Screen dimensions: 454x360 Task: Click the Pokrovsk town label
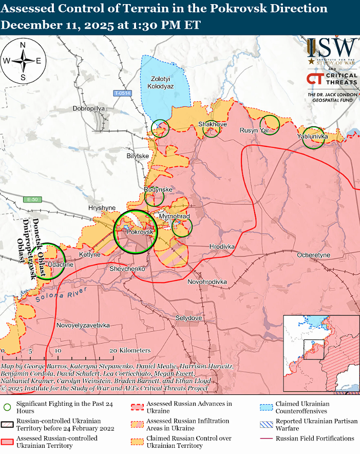tap(140, 233)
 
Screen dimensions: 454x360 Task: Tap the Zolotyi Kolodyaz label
tap(161, 83)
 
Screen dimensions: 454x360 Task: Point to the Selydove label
tap(188, 318)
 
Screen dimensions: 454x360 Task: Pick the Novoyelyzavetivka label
tap(83, 326)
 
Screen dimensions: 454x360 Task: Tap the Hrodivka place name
tap(222, 247)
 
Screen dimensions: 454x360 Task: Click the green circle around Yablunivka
tap(313, 138)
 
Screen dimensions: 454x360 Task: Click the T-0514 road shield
tap(123, 93)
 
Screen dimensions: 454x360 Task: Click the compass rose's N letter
tap(23, 45)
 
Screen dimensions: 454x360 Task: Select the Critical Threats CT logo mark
tap(314, 79)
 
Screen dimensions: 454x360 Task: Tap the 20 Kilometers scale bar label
tap(131, 350)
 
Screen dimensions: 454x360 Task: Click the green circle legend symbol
tap(7, 408)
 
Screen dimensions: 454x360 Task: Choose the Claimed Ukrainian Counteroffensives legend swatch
tap(266, 407)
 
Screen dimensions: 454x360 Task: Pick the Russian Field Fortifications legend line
tap(266, 439)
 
